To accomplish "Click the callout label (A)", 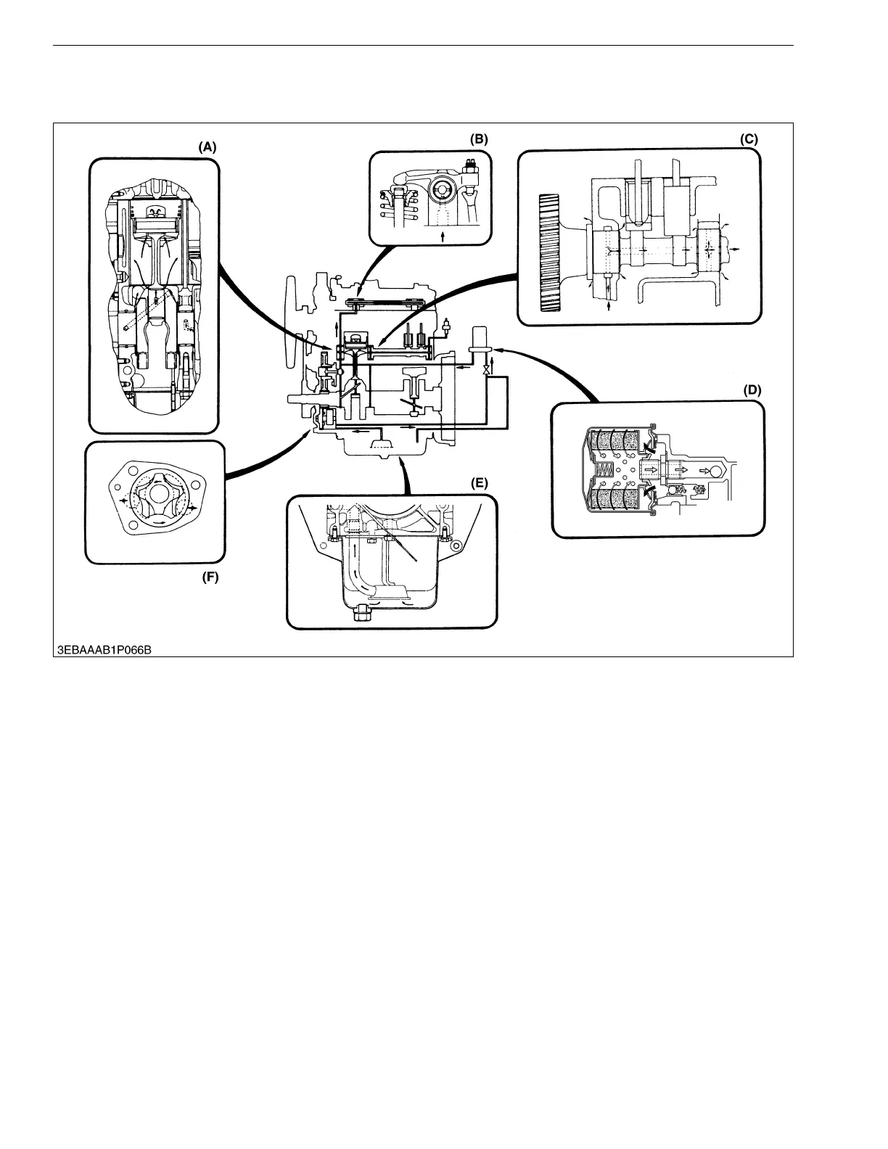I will coord(207,146).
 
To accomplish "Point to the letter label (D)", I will coord(753,390).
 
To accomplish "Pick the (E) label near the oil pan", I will coord(478,482).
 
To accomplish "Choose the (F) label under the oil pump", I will coord(210,578).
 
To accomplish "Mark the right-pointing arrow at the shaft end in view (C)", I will coord(736,248).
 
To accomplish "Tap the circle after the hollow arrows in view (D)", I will coord(716,470).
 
